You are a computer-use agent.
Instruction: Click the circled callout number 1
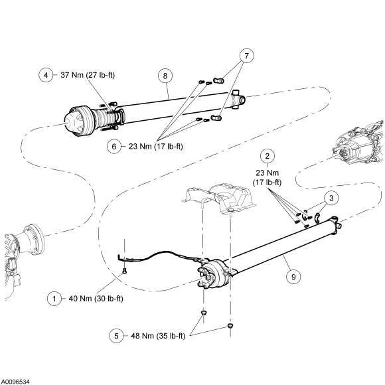54,299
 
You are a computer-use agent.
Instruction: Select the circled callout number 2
267,156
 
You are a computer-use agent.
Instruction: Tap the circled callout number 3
331,198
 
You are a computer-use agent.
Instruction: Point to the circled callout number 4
46,75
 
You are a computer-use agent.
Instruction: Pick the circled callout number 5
116,336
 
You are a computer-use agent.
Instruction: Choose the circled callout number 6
114,146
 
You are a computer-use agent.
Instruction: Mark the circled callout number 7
246,56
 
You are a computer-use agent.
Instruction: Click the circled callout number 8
165,76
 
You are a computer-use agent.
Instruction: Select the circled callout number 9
293,277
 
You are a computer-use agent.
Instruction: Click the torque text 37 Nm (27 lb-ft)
88,75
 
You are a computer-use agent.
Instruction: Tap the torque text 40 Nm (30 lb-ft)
96,299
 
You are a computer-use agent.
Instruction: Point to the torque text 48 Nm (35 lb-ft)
158,336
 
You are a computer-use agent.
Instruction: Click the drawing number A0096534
15,382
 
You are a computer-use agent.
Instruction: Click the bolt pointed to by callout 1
125,271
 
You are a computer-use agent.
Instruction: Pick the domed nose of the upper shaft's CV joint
72,121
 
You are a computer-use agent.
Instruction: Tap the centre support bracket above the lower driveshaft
219,198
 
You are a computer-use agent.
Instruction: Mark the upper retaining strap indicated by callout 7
218,80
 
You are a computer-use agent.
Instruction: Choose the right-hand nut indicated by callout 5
230,325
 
